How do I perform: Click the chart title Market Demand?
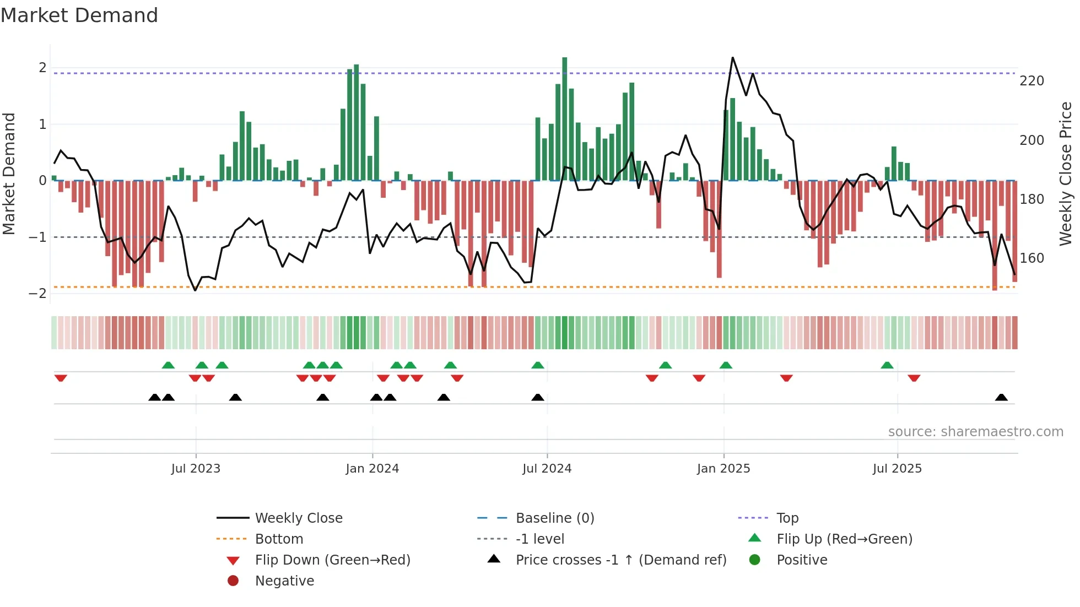point(79,15)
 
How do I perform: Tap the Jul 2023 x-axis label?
point(196,469)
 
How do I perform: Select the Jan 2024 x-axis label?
point(372,469)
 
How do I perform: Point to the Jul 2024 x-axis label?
point(547,469)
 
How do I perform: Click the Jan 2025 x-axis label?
point(723,469)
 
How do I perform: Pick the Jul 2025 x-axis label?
point(897,469)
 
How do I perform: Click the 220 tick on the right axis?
point(1032,81)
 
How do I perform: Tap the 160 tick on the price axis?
point(1032,258)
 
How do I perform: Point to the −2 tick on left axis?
point(37,294)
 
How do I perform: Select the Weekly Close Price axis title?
point(1066,174)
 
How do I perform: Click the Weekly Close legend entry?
point(298,518)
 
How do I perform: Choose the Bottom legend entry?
point(279,539)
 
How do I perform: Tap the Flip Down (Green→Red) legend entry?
point(332,560)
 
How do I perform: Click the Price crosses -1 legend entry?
point(620,560)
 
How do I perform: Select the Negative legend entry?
point(284,581)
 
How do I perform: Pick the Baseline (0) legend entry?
point(554,518)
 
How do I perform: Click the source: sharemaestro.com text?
point(975,432)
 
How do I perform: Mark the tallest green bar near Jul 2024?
point(564,118)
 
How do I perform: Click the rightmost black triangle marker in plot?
point(1001,398)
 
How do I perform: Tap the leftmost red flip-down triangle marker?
point(61,378)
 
